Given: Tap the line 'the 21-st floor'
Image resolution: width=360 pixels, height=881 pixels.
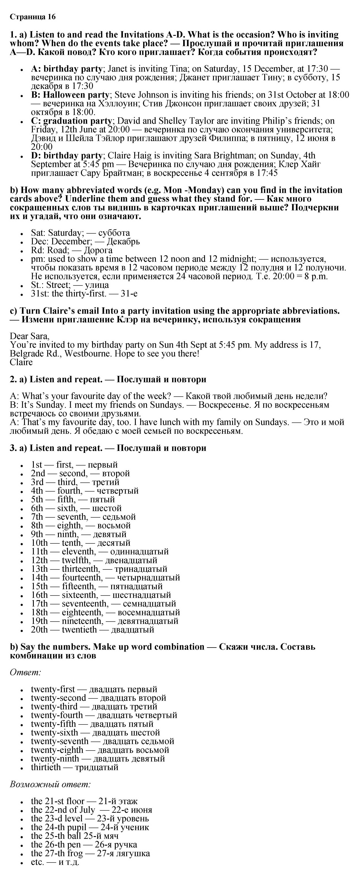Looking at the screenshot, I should pos(57,801).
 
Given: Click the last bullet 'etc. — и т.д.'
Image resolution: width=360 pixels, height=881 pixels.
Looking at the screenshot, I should pos(55,862).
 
